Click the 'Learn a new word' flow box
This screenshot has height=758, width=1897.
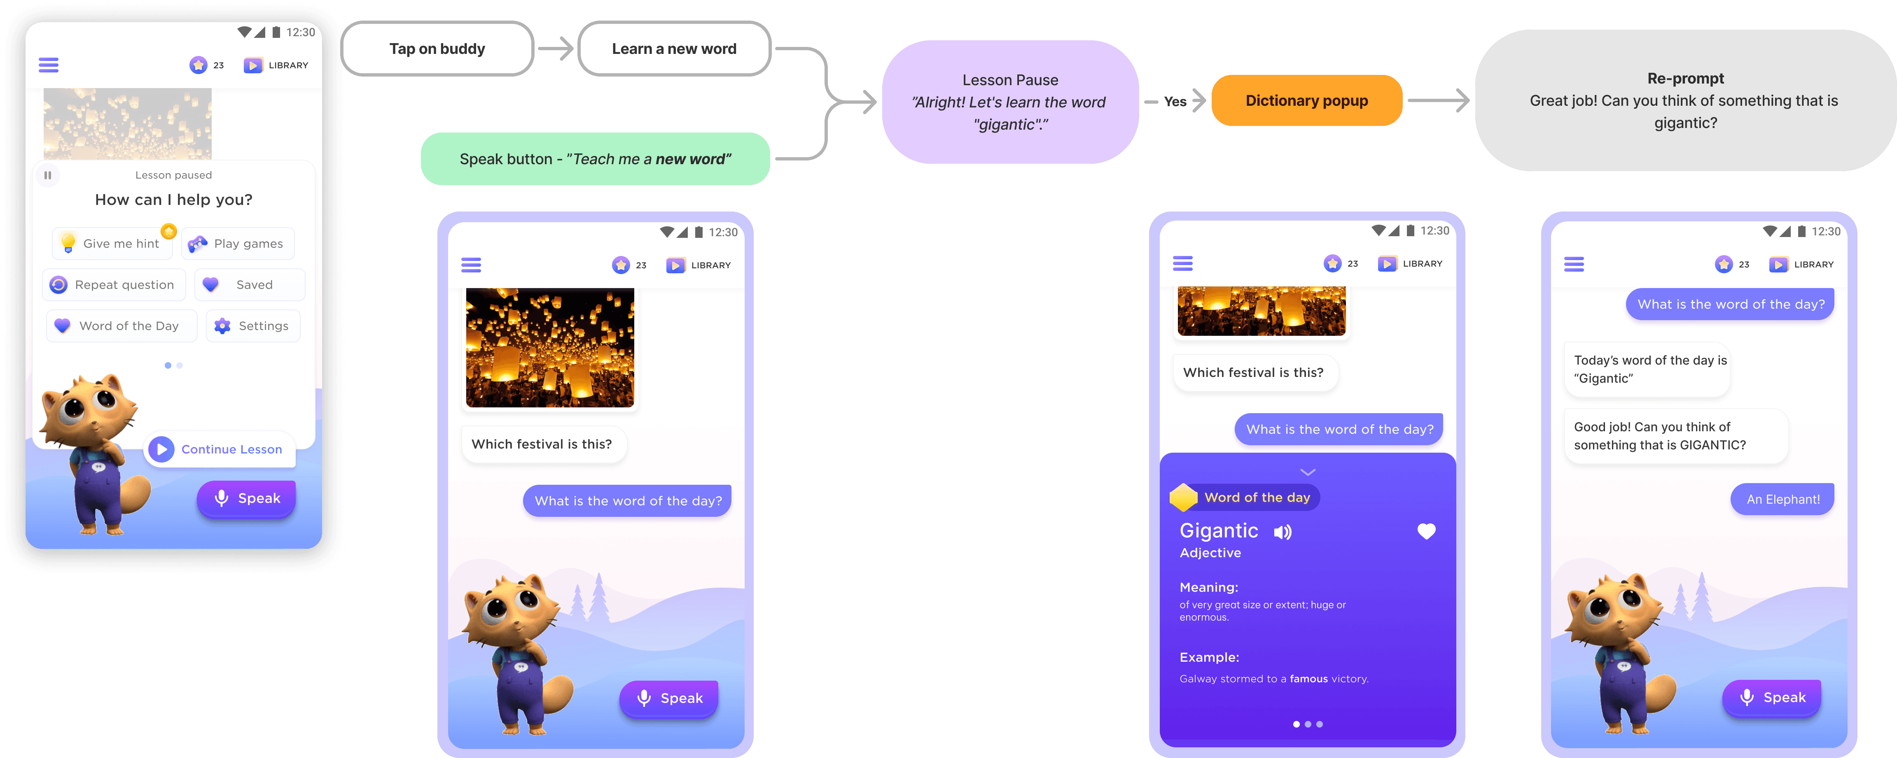tap(674, 49)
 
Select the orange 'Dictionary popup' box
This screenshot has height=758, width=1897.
tap(1306, 101)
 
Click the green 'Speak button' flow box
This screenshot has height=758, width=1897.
tap(595, 159)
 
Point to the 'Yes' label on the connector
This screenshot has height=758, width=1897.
tap(1175, 102)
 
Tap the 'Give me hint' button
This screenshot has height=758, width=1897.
tap(113, 244)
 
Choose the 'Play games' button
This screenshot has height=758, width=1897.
tap(238, 244)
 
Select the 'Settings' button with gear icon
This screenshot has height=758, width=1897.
tap(252, 326)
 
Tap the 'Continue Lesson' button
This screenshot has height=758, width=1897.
tap(220, 449)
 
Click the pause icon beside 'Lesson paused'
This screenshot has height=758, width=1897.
tap(48, 175)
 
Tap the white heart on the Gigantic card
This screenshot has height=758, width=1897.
tap(1426, 531)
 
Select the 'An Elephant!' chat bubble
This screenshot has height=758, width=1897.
tap(1782, 500)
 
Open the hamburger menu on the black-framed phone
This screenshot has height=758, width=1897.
tap(49, 65)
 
